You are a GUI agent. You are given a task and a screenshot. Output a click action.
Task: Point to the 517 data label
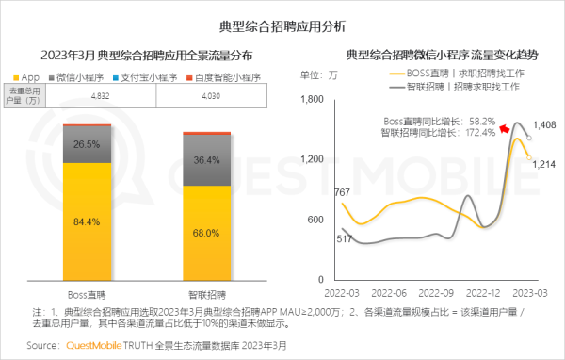pos(318,240)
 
